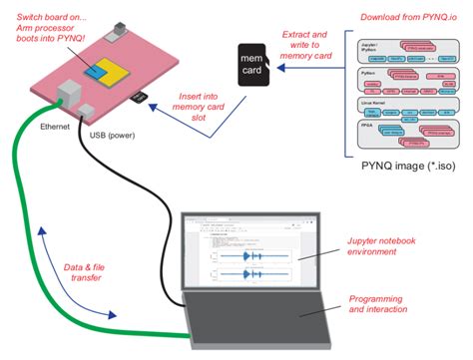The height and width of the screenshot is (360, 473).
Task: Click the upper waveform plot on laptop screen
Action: [245, 255]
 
